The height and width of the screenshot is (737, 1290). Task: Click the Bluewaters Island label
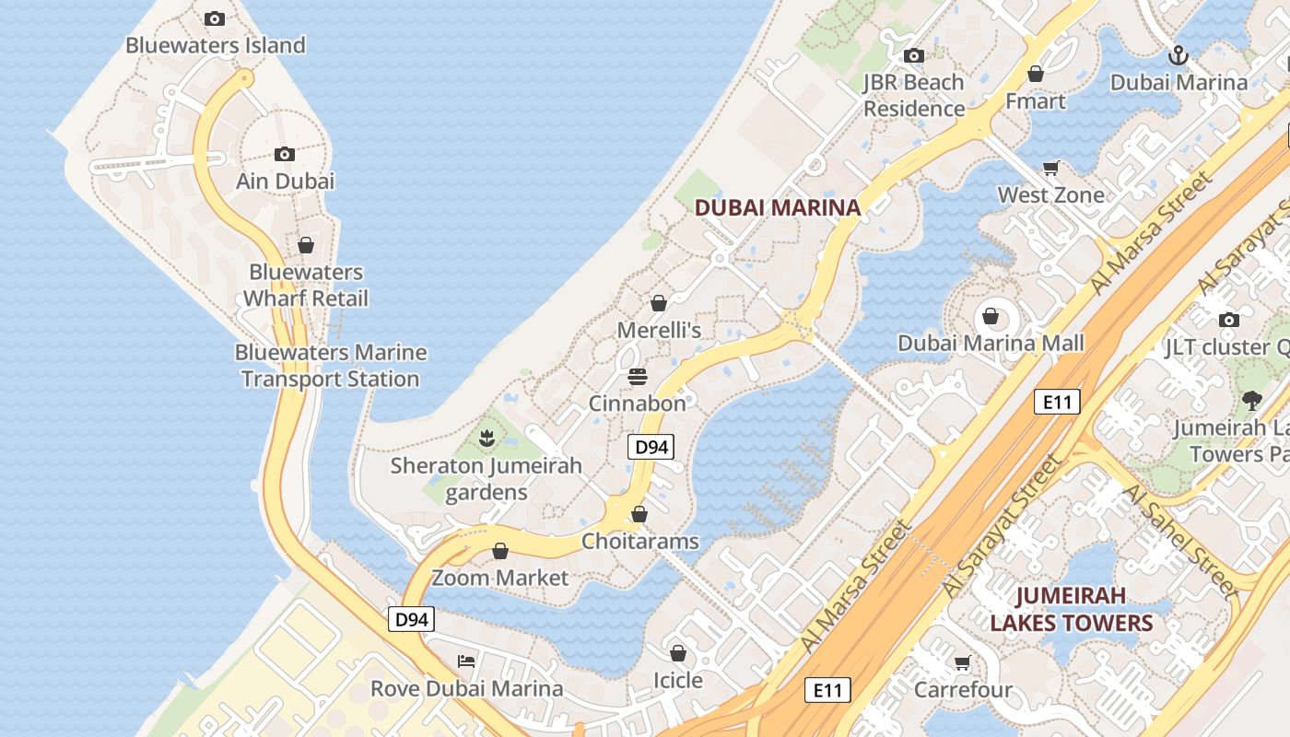click(x=215, y=45)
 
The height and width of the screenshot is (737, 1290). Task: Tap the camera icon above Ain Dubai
click(x=285, y=154)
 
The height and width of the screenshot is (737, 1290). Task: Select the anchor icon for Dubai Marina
click(x=1178, y=56)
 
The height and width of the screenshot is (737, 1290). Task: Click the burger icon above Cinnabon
click(x=637, y=377)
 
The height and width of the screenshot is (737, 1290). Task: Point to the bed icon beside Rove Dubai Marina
click(x=466, y=661)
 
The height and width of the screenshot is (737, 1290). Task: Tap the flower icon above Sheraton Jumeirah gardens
click(x=487, y=439)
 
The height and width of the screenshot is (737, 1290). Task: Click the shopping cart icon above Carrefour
click(x=963, y=663)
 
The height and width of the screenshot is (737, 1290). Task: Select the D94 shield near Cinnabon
click(x=651, y=448)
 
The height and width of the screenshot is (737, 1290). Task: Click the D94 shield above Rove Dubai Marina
click(x=411, y=619)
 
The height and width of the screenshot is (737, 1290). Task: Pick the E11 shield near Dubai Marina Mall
click(x=1056, y=402)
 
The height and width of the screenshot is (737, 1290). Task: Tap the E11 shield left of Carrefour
click(x=827, y=689)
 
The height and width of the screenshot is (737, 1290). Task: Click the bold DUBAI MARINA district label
click(x=778, y=207)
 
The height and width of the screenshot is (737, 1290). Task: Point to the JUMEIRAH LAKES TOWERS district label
click(x=1072, y=609)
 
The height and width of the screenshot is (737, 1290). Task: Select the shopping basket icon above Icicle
click(x=678, y=654)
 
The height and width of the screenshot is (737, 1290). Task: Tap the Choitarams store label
click(x=639, y=542)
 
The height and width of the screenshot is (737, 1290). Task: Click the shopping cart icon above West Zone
click(x=1050, y=168)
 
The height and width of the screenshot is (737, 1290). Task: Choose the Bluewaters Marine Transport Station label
click(x=330, y=366)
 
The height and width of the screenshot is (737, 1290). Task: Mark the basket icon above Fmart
click(x=1036, y=75)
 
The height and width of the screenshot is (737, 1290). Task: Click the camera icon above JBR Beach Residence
click(x=913, y=56)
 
